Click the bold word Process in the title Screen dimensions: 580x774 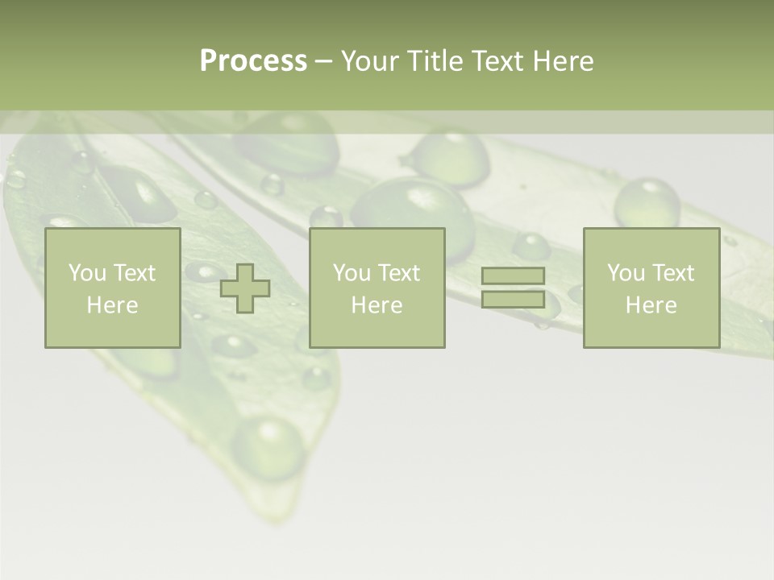[253, 61]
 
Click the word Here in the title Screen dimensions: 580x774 [564, 61]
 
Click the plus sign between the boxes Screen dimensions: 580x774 [245, 288]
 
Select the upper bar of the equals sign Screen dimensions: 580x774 [513, 276]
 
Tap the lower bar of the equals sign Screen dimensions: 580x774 [513, 299]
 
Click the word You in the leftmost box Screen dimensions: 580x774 [87, 273]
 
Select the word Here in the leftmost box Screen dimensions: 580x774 [113, 305]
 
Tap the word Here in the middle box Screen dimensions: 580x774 [377, 305]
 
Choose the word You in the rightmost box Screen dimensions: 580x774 [626, 273]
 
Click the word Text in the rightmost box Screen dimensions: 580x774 [673, 273]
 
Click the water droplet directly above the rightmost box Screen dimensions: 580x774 [647, 203]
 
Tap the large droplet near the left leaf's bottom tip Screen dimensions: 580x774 [269, 445]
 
